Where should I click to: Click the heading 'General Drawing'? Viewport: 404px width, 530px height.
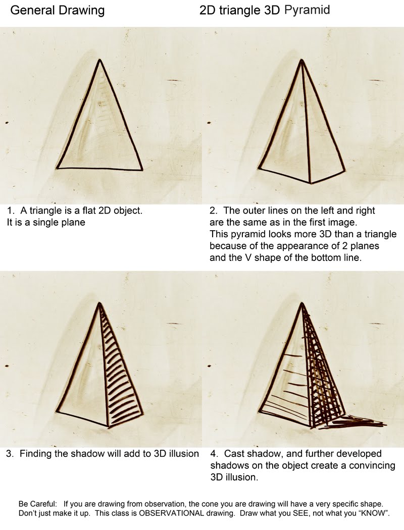coord(58,11)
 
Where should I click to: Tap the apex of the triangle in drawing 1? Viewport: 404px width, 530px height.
coord(100,60)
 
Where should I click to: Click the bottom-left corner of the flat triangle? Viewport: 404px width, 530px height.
coord(57,168)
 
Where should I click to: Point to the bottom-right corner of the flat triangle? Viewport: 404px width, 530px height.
coord(141,170)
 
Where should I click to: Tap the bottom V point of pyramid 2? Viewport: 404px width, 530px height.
coord(310,183)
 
